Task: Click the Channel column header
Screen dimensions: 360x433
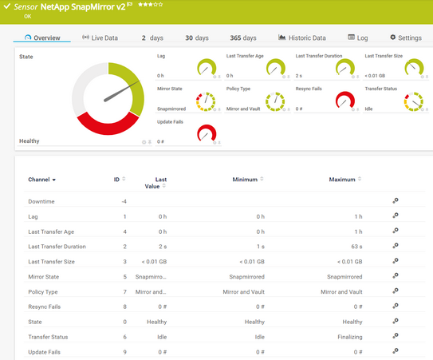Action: coord(42,180)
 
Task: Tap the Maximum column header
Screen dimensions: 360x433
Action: coord(342,180)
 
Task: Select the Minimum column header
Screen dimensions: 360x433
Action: coord(245,180)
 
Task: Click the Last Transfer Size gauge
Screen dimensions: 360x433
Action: coord(413,67)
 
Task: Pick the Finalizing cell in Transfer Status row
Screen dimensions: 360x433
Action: coord(347,337)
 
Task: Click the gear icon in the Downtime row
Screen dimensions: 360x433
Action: coord(396,201)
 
